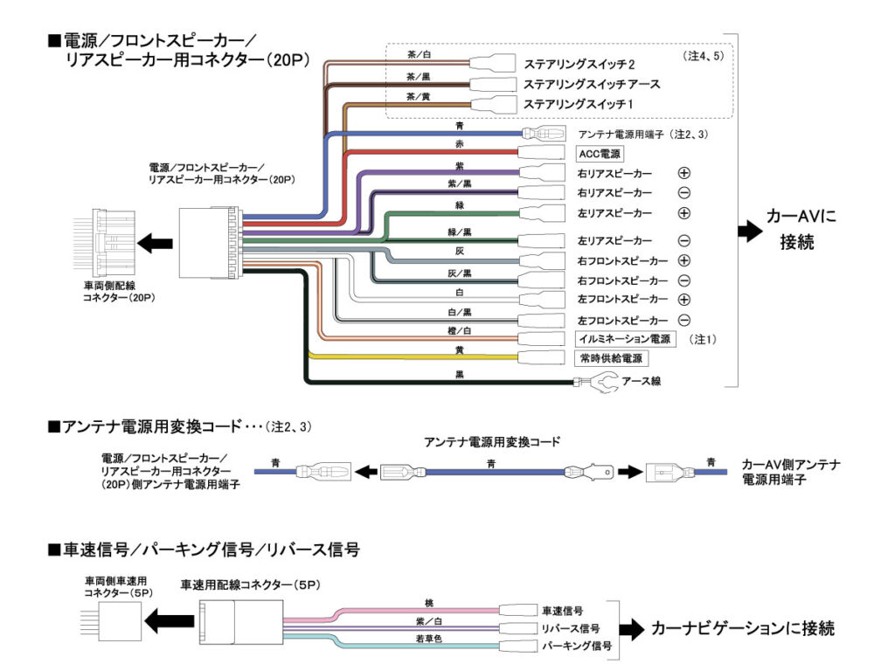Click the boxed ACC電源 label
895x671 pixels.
point(600,154)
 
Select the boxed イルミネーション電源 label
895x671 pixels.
point(624,339)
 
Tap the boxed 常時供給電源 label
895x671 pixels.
point(611,358)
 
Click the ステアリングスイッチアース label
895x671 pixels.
point(592,85)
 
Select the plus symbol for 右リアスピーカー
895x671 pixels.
point(683,173)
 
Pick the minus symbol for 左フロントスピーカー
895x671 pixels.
point(683,320)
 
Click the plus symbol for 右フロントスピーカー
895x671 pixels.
point(683,260)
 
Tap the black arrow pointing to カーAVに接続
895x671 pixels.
point(750,231)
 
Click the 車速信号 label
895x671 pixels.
point(562,611)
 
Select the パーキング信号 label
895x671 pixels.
point(577,646)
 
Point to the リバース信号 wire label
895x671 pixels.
point(571,629)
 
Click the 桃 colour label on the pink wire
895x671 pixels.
point(429,603)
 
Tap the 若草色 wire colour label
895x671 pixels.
point(428,639)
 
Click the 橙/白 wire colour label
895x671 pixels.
point(460,331)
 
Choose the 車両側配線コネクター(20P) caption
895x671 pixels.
point(119,292)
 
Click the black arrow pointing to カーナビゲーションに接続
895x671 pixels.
point(632,629)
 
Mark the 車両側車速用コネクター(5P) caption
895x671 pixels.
point(118,586)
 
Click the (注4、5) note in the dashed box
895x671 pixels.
point(703,56)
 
